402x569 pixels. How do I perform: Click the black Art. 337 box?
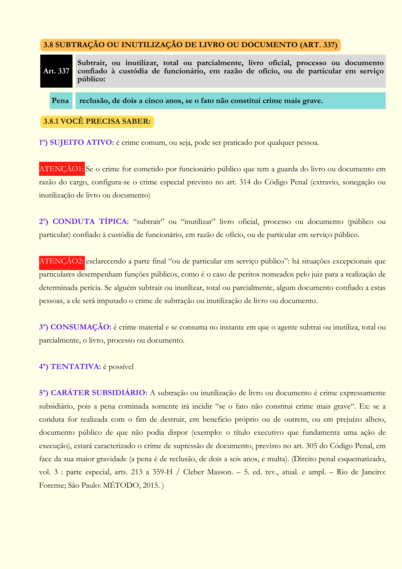[x=56, y=71]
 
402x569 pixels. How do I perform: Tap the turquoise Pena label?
[x=61, y=100]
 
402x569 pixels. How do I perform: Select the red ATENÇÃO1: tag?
[x=62, y=169]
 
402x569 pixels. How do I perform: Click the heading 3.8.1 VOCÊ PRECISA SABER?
[x=97, y=121]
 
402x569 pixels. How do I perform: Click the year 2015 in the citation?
[x=151, y=485]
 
